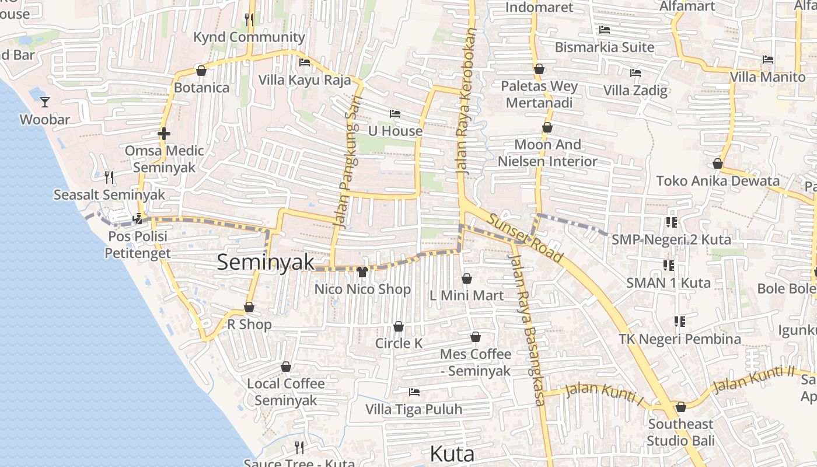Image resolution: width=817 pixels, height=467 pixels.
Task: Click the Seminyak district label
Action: tap(266, 262)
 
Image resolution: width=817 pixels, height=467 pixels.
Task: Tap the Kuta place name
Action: tap(452, 454)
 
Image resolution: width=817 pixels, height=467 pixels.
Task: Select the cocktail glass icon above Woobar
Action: tap(45, 102)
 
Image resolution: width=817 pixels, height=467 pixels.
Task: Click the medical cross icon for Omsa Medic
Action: tap(164, 134)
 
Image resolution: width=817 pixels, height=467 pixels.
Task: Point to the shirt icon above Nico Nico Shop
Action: tap(362, 271)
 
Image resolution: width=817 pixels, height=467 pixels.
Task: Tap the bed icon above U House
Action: tap(395, 113)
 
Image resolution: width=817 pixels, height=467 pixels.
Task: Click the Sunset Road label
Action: tap(525, 238)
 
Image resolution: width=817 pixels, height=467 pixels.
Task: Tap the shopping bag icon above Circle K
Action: tap(399, 326)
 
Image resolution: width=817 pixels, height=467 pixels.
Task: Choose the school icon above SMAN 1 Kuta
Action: tap(669, 266)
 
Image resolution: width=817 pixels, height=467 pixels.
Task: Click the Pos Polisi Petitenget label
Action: tap(137, 245)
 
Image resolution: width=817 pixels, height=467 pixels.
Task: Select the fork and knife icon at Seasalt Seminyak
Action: tap(109, 177)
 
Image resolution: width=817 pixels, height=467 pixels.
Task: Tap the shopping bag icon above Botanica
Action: tap(201, 71)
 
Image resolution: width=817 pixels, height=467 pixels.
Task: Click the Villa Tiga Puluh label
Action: tap(414, 409)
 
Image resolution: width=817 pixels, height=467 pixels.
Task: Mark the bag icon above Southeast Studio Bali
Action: tap(680, 407)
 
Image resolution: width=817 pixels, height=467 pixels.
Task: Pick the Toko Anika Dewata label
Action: tap(718, 180)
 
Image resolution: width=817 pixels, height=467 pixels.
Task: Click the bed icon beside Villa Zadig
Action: tap(636, 73)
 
